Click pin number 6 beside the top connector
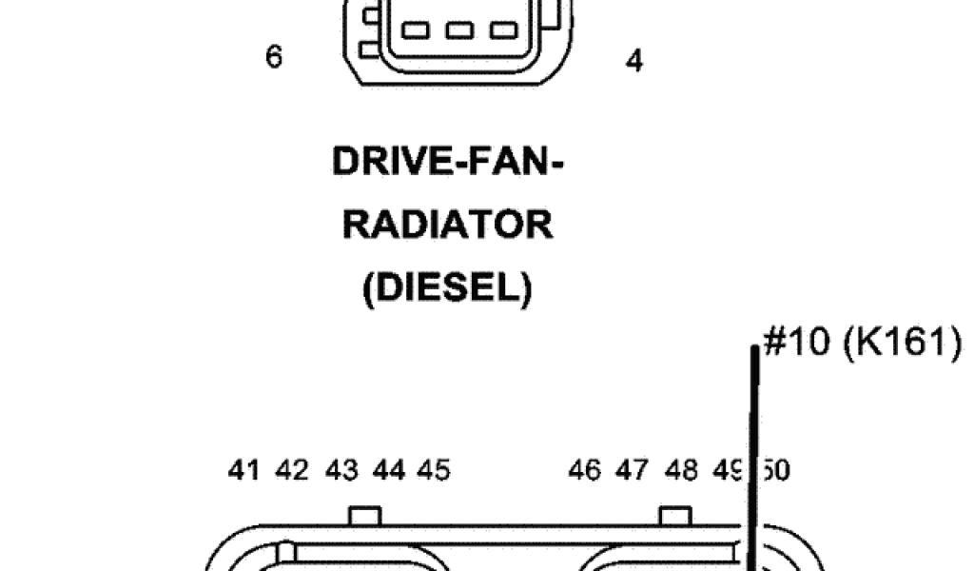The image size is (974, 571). click(274, 57)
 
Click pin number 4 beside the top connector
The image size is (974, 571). click(634, 61)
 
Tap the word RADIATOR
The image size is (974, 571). click(448, 226)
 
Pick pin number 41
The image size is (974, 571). click(244, 470)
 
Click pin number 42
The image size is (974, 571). click(293, 470)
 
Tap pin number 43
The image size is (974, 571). click(341, 470)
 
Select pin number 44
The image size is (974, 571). click(389, 470)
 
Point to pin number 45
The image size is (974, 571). click(434, 470)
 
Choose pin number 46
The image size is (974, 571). click(584, 470)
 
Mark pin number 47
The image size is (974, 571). click(632, 470)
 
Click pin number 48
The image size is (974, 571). click(681, 470)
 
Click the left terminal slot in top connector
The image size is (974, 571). click(418, 30)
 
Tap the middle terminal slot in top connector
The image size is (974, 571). click(461, 30)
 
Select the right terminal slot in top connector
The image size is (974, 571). click(504, 30)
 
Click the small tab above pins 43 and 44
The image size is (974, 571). click(364, 516)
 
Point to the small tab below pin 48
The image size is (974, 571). click(675, 516)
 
